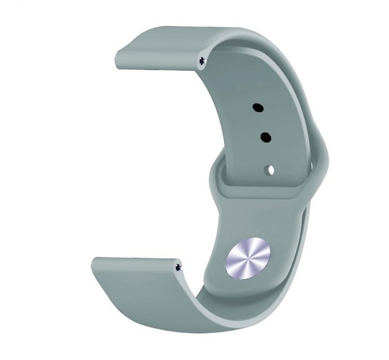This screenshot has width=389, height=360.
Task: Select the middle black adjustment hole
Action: [265, 137]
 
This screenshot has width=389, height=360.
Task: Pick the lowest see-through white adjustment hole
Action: [269, 170]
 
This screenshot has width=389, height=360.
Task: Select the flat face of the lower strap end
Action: [137, 274]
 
